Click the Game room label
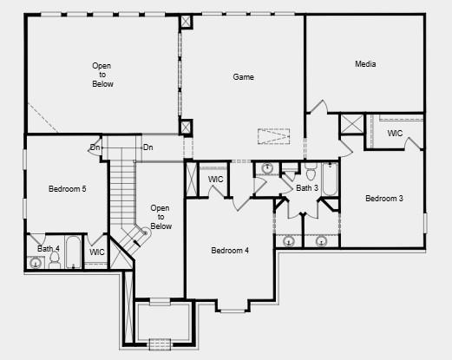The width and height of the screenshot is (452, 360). pos(243,77)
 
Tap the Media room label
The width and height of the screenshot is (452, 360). pos(365,64)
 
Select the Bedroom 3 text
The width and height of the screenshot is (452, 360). pos(383,199)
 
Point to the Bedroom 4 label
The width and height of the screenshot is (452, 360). pos(230,251)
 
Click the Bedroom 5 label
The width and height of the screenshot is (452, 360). pos(67,188)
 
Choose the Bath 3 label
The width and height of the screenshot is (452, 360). pos(307,188)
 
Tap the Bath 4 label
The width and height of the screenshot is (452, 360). pos(49,249)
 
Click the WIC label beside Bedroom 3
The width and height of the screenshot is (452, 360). pos(395,134)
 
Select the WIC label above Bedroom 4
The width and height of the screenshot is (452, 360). pos(216,180)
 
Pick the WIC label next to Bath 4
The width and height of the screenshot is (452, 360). pos(97,252)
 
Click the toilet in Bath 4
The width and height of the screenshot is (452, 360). pos(55,259)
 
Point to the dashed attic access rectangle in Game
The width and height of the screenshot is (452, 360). pos(273,137)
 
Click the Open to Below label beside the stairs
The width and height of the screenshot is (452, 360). pos(160,217)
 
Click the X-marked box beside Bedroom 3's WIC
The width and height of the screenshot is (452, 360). pos(352,123)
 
